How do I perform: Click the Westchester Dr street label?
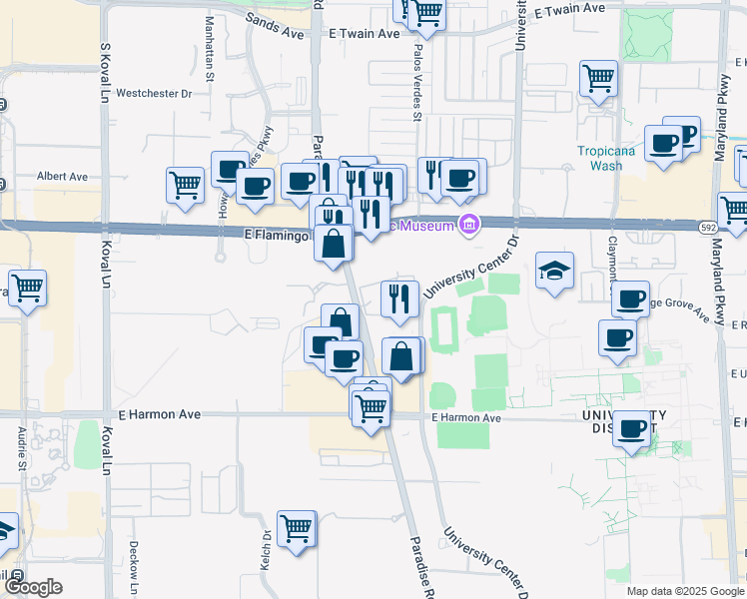154,95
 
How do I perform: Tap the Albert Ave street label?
62,177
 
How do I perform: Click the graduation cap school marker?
554,271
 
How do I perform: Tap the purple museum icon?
467,224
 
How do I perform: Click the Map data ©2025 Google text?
684,591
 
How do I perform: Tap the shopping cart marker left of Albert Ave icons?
186,185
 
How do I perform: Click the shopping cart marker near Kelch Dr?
297,528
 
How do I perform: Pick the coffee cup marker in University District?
632,429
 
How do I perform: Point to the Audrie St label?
22,448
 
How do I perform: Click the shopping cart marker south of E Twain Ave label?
598,78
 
